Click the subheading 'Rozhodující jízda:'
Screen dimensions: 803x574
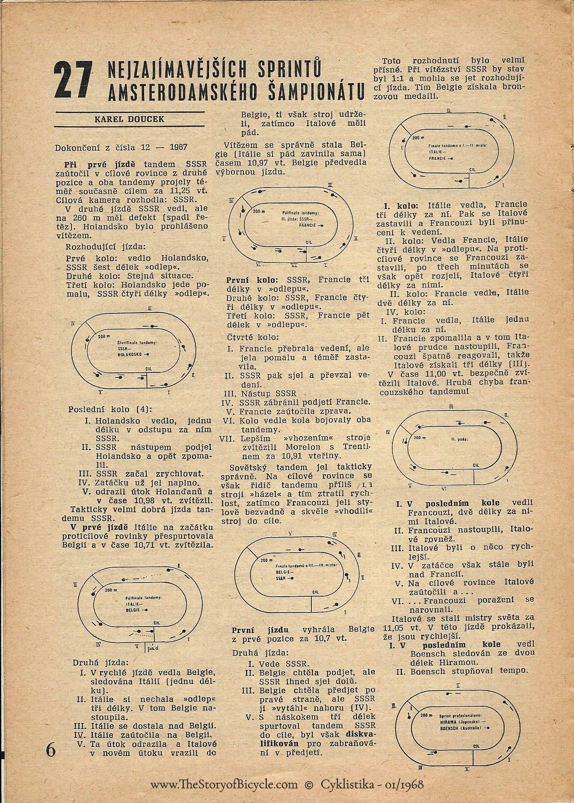105,247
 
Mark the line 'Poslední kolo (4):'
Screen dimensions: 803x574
106,409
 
